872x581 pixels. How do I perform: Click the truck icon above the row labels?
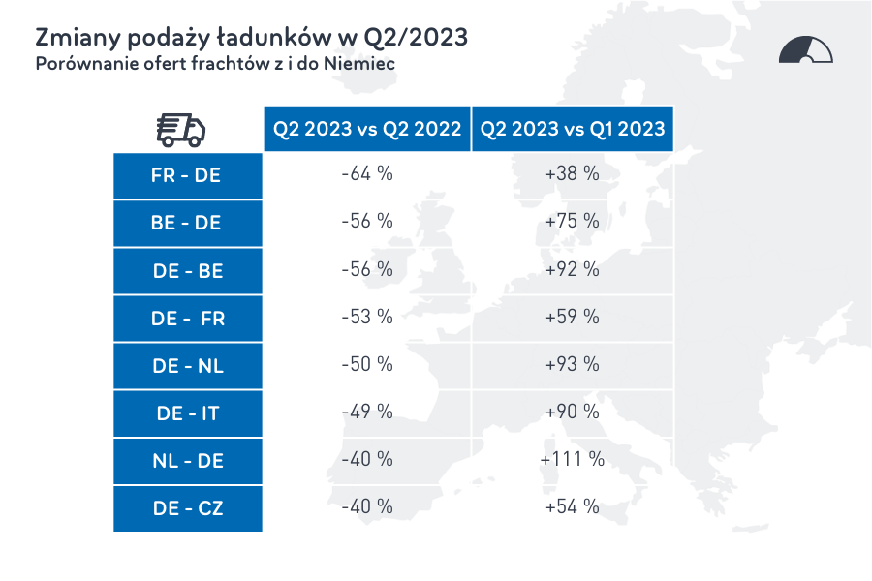[x=181, y=129]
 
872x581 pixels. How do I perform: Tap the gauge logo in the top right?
[x=805, y=50]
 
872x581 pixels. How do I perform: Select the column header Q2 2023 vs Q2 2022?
[x=367, y=129]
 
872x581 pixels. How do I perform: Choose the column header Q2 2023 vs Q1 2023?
[x=573, y=129]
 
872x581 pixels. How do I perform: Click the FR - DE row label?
[x=187, y=176]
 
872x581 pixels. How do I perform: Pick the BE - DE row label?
[x=187, y=224]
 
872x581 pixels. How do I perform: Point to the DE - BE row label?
[x=187, y=271]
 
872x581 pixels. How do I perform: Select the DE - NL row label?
[x=187, y=366]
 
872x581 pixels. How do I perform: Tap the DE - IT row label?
[x=187, y=413]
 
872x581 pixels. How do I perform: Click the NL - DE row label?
[x=187, y=461]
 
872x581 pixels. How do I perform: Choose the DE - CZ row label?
[x=187, y=508]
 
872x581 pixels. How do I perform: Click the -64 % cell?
[x=367, y=174]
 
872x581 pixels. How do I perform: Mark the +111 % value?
[x=573, y=459]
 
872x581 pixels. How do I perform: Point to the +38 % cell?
[x=573, y=174]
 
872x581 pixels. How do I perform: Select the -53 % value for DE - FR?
[x=367, y=317]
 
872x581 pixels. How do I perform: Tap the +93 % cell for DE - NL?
[x=573, y=364]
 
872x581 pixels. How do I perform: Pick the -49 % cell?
[x=367, y=412]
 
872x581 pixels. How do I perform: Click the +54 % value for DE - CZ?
[x=573, y=506]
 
